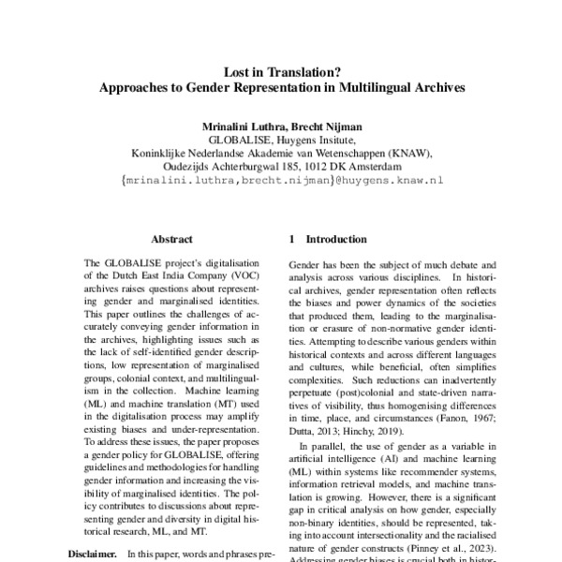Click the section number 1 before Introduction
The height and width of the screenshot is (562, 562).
[293, 239]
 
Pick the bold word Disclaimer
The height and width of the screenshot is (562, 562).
[93, 554]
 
